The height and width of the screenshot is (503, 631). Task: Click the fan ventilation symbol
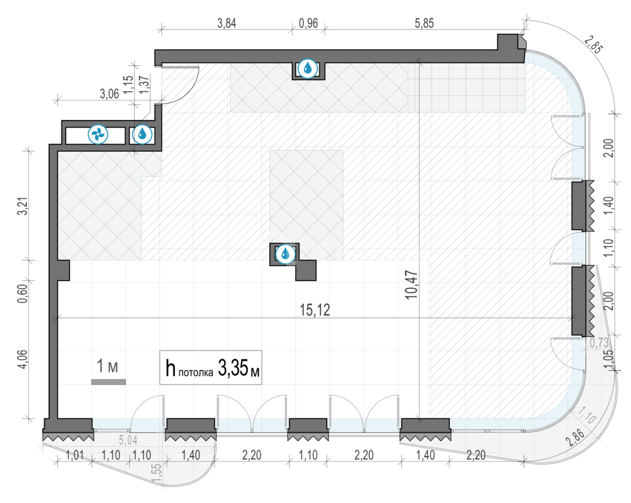coord(98,134)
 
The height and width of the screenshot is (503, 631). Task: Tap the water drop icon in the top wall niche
coord(308,69)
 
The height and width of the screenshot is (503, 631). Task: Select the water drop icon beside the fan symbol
coord(142,134)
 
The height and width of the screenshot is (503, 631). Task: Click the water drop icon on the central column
coord(285,254)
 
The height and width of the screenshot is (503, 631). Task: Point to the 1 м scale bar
coord(108,382)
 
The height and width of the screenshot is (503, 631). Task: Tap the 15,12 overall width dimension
coord(315,310)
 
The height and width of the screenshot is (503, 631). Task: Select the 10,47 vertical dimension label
coord(411,285)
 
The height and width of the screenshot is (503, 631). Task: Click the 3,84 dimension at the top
coord(227,23)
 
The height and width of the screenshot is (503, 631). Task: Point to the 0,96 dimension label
coord(309,23)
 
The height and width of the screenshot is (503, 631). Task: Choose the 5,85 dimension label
coord(424,23)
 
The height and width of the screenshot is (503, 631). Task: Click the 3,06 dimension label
coord(109,94)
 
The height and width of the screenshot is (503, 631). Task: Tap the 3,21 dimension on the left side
coord(23,206)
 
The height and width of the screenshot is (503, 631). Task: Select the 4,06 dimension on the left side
coord(23,359)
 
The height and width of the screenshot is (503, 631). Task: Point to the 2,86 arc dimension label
coord(575,438)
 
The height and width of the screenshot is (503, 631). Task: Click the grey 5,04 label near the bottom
coord(128,440)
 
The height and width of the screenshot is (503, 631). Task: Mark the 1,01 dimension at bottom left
coord(75,455)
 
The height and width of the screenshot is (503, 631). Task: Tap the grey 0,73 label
coord(599,343)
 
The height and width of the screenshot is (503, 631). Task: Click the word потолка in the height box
coord(196,373)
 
